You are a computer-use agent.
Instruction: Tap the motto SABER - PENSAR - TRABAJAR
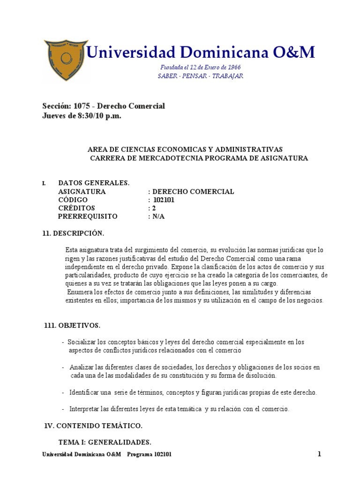point(200,76)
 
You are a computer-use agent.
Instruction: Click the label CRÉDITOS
point(76,208)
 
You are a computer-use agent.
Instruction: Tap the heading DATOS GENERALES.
point(93,183)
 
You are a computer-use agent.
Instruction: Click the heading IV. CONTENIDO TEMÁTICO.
point(92,426)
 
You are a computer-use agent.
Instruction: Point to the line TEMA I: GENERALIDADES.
point(105,442)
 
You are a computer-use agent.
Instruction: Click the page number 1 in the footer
point(319,454)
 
